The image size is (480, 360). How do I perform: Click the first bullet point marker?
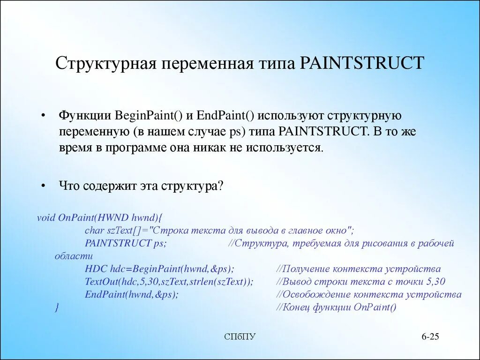pos(43,116)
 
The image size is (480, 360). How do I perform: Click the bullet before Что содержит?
pos(43,186)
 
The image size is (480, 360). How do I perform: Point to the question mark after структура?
pos(222,186)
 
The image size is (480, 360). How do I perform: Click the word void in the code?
pos(46,217)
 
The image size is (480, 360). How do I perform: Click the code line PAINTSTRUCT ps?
pos(125,243)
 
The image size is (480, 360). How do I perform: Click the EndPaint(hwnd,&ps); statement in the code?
pos(132,294)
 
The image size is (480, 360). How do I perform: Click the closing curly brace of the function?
pos(57,307)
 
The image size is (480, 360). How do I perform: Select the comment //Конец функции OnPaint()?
pos(336,307)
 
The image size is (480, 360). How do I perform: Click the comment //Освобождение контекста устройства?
pos(368,295)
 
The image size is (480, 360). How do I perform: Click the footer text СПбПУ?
pos(240,337)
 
